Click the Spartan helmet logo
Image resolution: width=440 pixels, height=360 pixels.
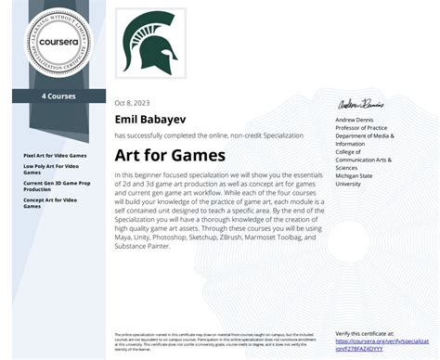149,42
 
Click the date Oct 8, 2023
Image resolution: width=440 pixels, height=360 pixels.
131,103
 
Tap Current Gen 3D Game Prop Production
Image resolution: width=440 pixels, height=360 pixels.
57,186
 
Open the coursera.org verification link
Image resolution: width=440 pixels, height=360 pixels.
376,345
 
